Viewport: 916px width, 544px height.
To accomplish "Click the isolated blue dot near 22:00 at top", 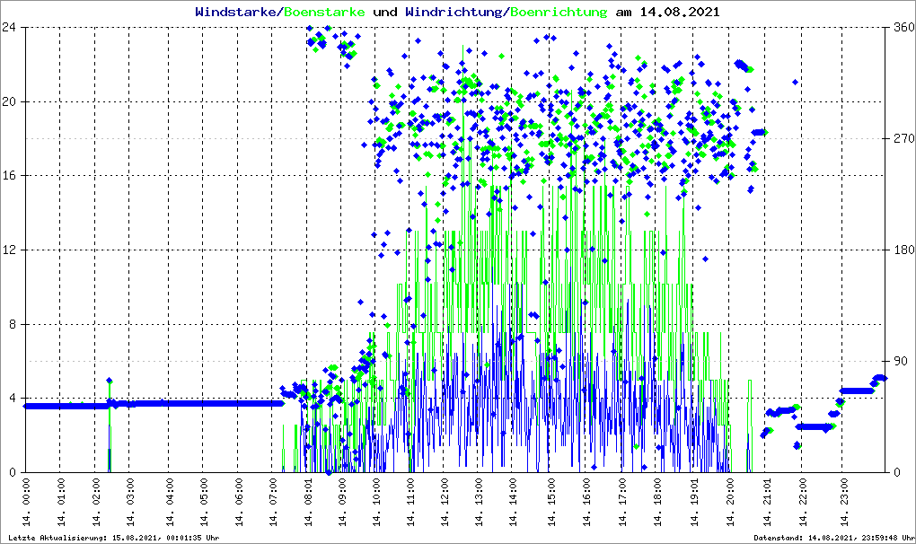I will (796, 83).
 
